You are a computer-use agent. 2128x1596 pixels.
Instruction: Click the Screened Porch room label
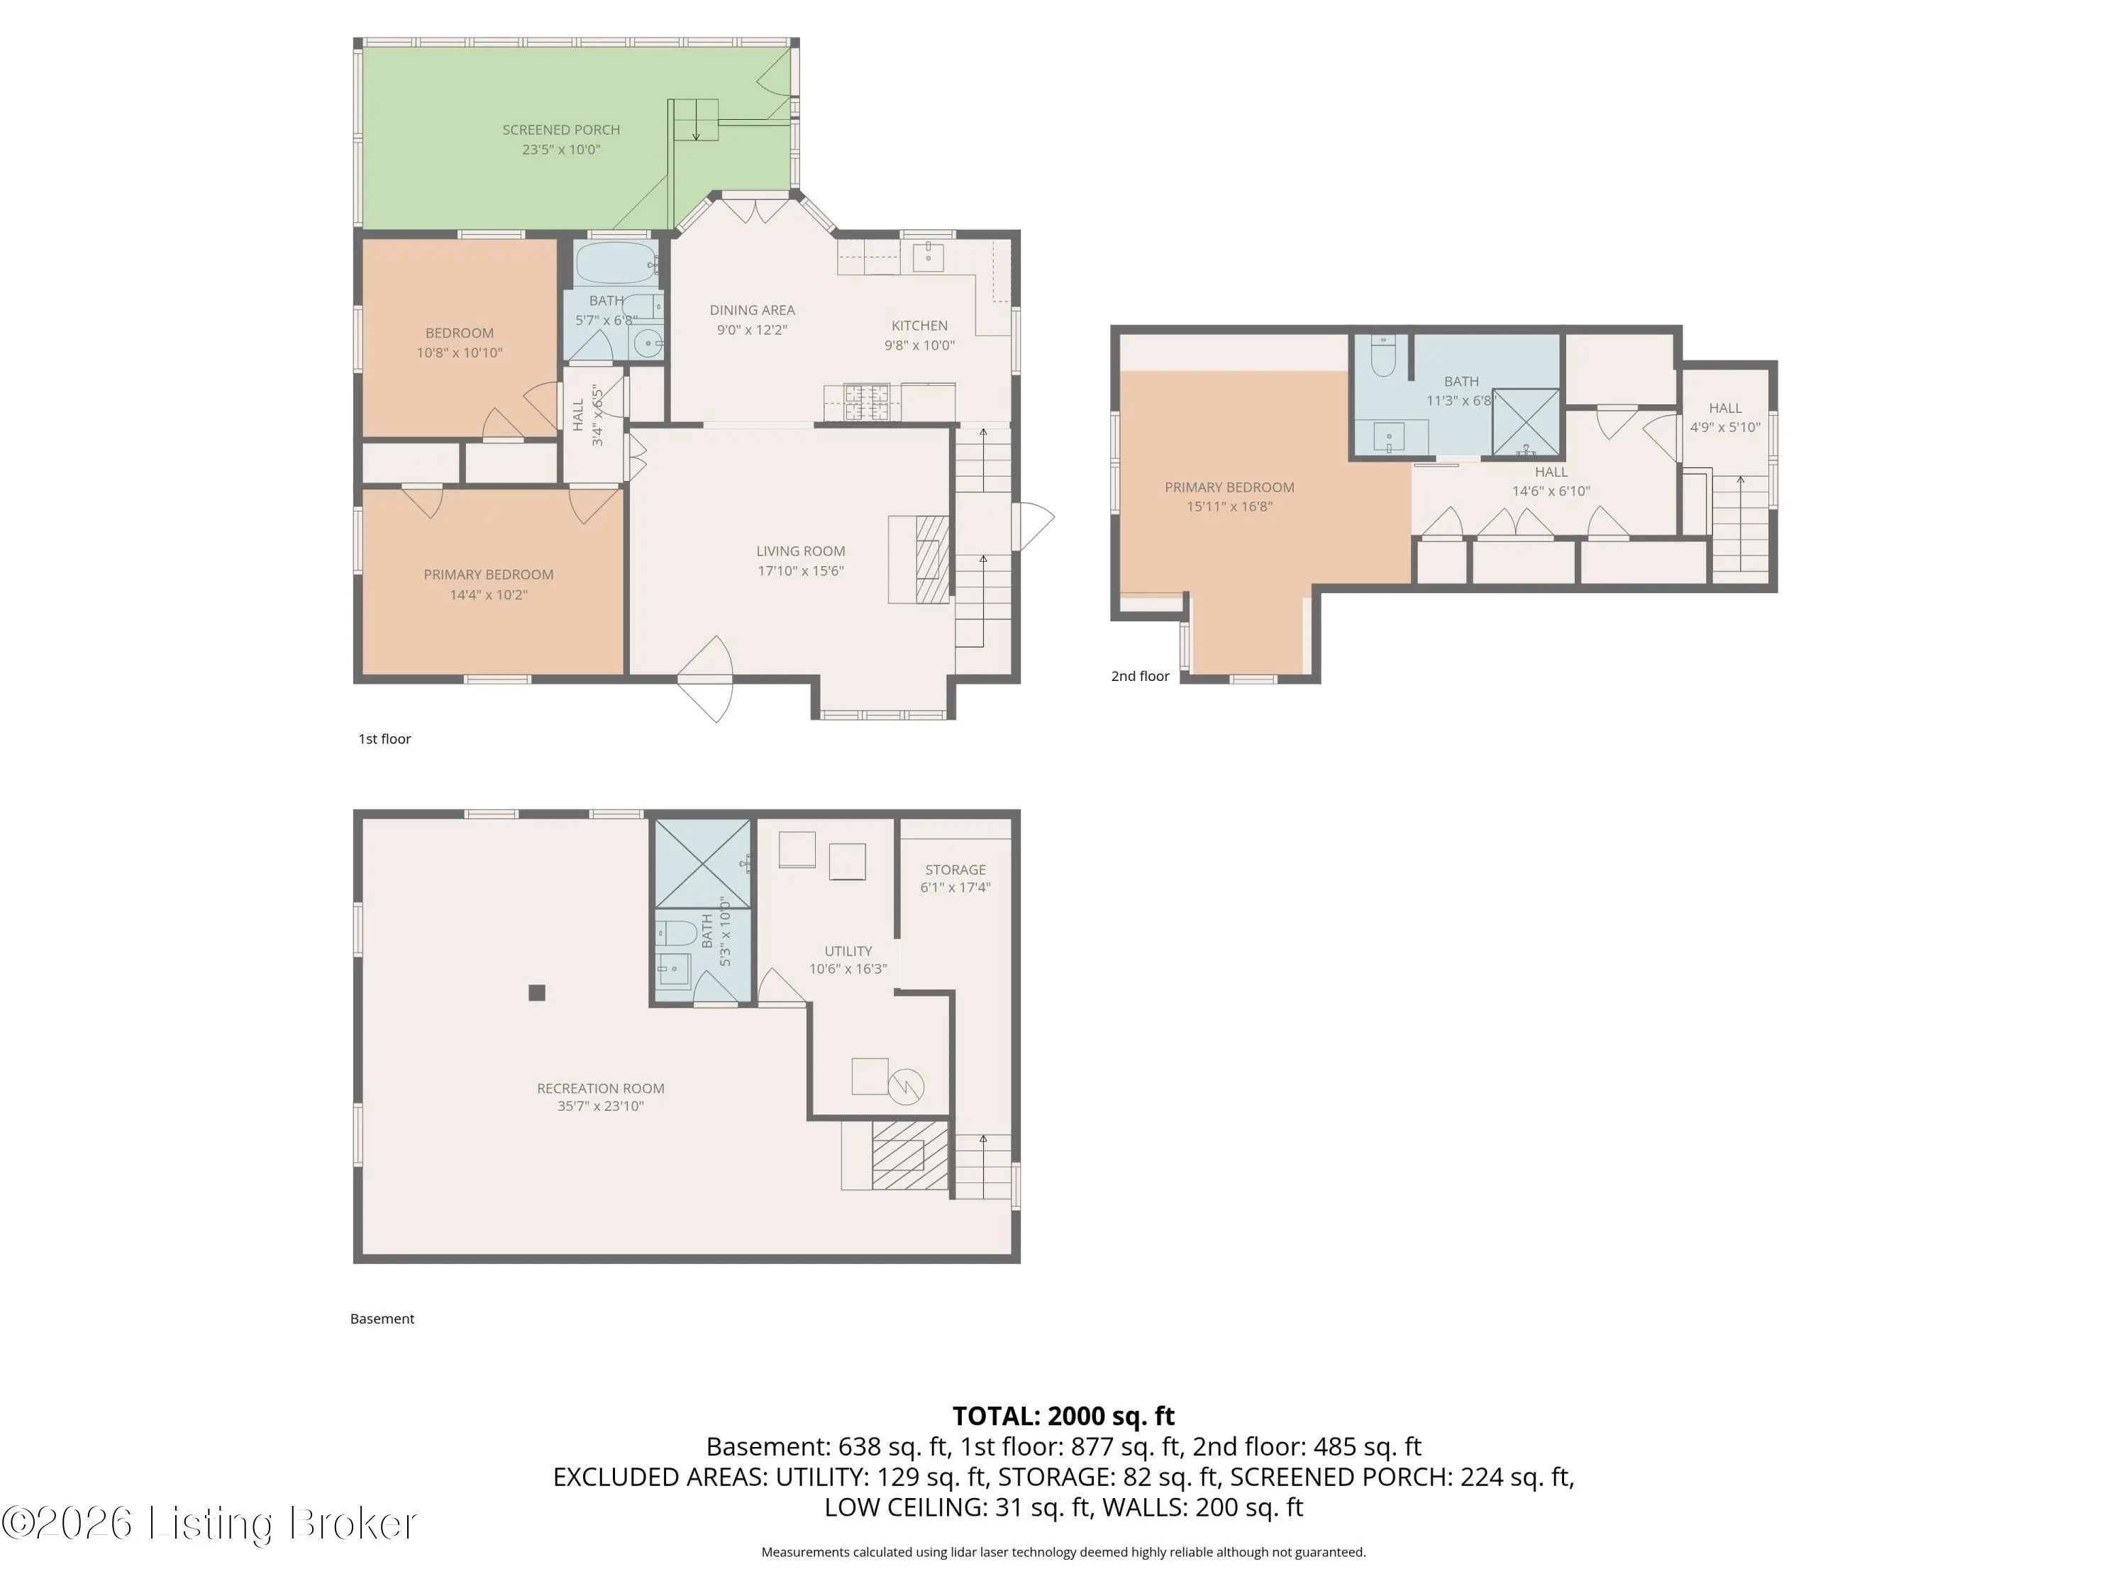coord(561,130)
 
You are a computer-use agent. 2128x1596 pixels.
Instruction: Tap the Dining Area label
coord(753,310)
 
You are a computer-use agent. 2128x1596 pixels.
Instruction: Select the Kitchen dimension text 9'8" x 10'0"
coord(920,345)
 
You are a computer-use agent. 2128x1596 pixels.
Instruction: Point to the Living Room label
coord(800,551)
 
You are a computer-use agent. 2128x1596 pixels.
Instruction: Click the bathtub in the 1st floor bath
coord(616,262)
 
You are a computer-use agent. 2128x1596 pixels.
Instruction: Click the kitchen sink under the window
coord(927,257)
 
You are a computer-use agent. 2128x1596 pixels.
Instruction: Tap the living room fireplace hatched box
coord(932,559)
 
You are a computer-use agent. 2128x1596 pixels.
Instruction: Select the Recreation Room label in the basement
coord(600,1088)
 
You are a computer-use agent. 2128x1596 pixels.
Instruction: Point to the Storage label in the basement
coord(955,870)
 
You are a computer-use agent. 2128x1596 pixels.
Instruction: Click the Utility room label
coord(848,951)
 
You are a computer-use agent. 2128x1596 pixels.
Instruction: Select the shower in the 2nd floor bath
coord(1526,421)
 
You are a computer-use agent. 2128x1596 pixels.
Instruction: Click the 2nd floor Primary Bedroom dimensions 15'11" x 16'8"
coord(1229,507)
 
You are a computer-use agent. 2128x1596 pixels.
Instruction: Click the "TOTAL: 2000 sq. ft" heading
coord(1063,1416)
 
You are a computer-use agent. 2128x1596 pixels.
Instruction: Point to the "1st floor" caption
coord(384,739)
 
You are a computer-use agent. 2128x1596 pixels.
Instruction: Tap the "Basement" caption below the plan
coord(382,1319)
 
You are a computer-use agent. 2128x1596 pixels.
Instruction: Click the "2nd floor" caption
coord(1140,676)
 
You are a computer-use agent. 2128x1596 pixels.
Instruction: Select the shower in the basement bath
coord(702,863)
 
